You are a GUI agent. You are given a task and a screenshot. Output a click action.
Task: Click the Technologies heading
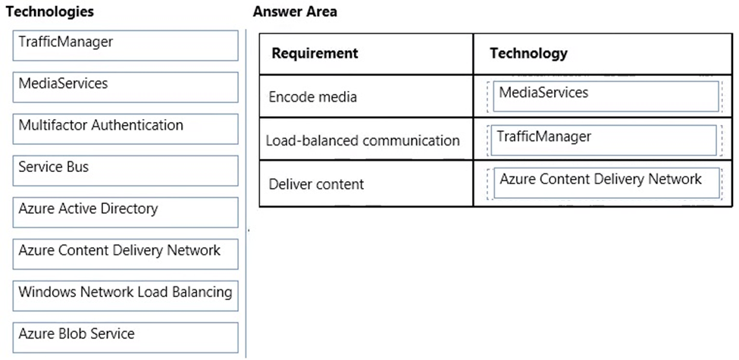49,12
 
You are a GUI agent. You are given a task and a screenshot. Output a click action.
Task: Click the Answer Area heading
295,12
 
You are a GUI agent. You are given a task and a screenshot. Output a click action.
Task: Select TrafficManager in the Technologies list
125,45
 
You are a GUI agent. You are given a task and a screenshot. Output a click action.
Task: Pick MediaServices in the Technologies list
125,87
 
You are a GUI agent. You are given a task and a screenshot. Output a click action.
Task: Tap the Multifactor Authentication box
125,129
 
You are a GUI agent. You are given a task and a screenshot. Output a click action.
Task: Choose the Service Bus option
125,171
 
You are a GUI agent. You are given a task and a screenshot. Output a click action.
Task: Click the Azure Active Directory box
125,212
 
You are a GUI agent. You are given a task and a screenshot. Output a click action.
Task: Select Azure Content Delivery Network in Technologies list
125,254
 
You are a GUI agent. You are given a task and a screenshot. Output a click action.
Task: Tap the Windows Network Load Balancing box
125,296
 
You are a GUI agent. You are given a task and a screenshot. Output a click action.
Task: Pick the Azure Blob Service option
125,337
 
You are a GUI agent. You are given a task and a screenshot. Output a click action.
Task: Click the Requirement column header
315,53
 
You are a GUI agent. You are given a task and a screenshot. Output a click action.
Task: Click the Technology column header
528,53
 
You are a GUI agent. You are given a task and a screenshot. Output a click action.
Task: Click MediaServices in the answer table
606,96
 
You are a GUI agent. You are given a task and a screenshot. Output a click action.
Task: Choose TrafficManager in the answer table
603,140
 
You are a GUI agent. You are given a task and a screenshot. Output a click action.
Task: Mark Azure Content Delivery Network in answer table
606,183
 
